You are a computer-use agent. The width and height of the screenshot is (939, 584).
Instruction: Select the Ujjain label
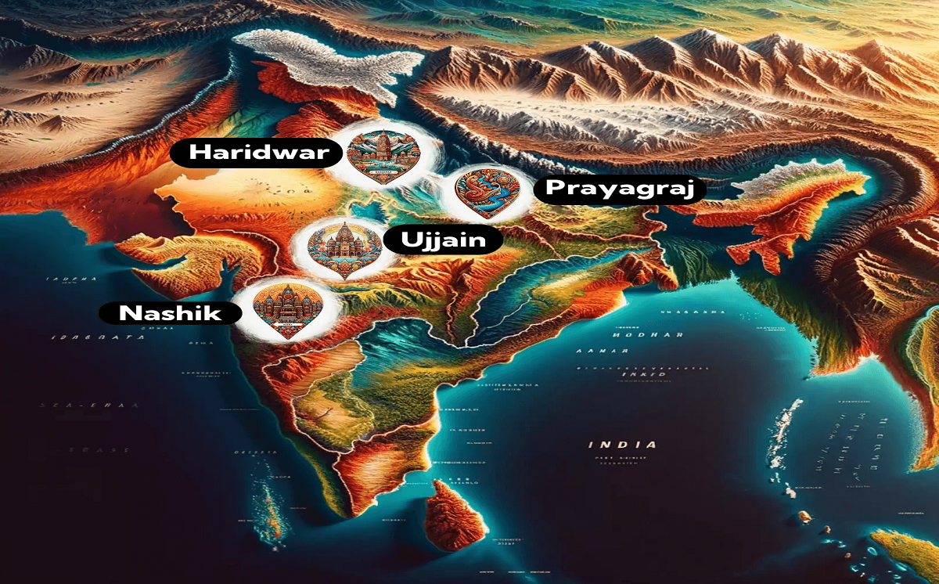click(x=442, y=240)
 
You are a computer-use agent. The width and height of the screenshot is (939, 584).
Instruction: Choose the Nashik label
click(x=169, y=314)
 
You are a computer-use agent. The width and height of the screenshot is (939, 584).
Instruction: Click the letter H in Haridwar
click(x=199, y=153)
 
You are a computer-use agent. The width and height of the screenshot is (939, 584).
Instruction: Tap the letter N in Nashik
click(x=128, y=314)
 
